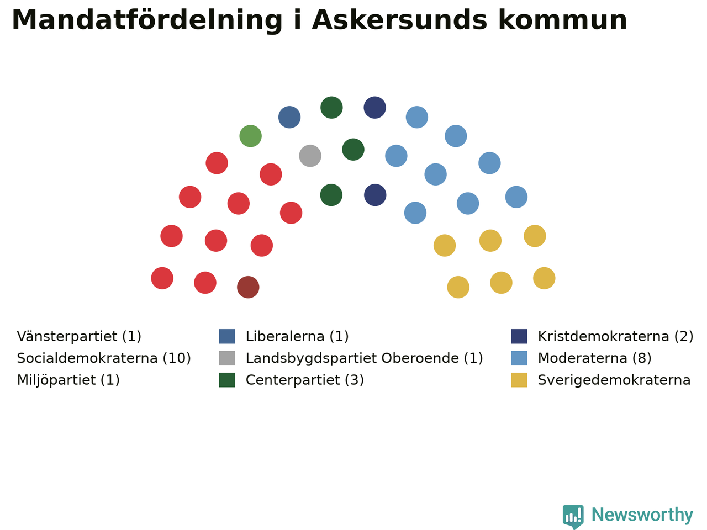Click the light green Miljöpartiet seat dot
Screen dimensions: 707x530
(250, 136)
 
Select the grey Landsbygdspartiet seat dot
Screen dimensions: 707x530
(310, 156)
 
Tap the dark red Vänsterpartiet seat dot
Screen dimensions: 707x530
(248, 287)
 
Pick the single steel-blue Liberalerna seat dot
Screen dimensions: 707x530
(289, 117)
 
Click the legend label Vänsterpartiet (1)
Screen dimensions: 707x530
(79, 337)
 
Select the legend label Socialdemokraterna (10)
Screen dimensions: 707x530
(104, 358)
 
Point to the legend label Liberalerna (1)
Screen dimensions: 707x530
(297, 337)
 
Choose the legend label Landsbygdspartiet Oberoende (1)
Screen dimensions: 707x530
(365, 358)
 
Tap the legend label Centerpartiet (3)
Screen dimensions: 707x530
(305, 380)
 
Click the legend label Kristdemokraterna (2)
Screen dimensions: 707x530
(615, 337)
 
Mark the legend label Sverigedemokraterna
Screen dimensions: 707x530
(614, 380)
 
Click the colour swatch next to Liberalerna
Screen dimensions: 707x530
(227, 336)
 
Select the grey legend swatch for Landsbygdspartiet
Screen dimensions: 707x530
(227, 358)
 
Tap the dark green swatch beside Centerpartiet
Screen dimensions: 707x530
(227, 380)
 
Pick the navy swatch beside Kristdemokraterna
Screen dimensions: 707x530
(519, 336)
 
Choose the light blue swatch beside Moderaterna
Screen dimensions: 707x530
(519, 358)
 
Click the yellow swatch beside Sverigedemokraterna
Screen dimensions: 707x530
(519, 380)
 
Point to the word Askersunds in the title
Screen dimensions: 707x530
(399, 20)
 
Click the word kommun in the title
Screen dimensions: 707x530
(563, 20)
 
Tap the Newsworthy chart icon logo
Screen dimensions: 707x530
(573, 516)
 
